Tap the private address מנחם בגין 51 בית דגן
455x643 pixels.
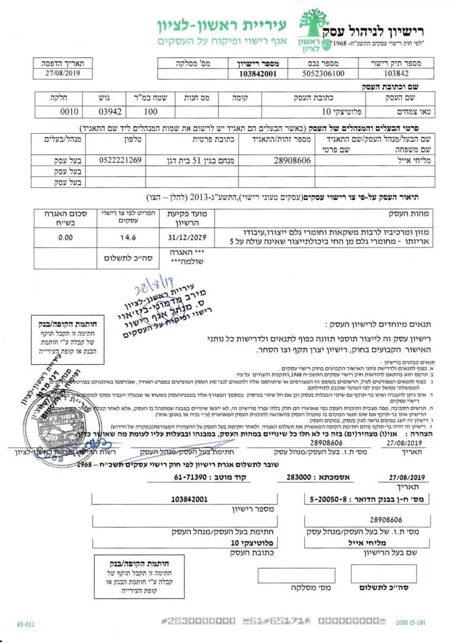(186, 160)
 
